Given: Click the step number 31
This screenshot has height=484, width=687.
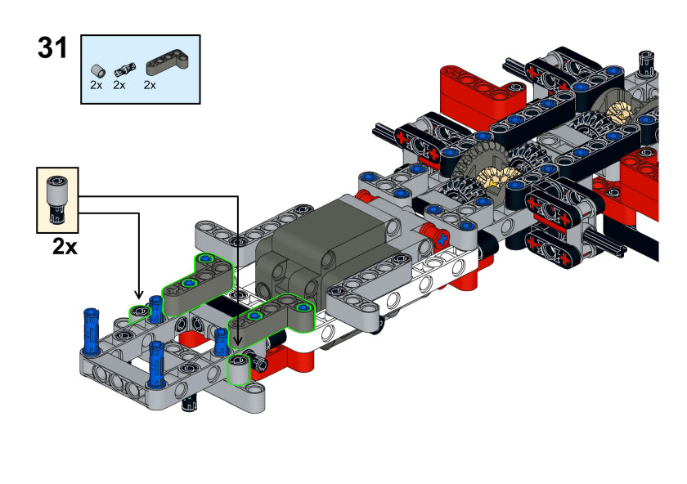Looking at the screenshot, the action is tap(52, 47).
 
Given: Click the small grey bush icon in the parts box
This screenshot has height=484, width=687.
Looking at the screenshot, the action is tap(98, 69).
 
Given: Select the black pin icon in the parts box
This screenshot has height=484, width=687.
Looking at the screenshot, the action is tap(125, 69).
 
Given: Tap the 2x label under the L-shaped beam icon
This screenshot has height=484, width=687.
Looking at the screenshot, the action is tap(150, 85).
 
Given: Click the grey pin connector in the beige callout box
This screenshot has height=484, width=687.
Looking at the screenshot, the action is tap(57, 199).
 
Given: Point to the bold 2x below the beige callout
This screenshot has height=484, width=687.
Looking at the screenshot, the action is tap(65, 247).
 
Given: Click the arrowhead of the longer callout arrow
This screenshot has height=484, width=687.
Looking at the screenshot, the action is tap(237, 341).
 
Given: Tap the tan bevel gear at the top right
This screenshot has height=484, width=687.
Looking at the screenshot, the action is tap(618, 112).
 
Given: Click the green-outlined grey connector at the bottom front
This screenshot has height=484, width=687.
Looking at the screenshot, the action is tap(238, 370).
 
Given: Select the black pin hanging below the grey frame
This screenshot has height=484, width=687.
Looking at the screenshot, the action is tap(189, 403).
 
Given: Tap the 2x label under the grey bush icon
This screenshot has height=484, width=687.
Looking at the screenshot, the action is tap(97, 85).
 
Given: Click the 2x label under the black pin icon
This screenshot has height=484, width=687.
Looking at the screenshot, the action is tap(119, 85).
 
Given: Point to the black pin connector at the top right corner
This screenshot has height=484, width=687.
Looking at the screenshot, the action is tap(646, 60).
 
